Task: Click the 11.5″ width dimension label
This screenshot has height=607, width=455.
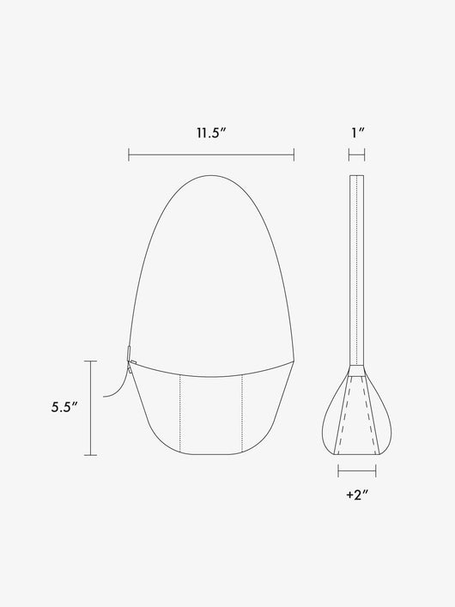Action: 210,133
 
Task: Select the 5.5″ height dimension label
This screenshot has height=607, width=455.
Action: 65,407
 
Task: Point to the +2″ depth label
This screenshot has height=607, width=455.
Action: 357,495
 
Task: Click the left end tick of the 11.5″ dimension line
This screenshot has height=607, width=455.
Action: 129,155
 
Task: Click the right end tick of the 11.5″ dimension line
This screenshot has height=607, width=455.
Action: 294,155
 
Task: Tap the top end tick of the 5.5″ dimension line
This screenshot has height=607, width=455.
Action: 91,361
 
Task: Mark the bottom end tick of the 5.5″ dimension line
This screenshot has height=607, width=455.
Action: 91,455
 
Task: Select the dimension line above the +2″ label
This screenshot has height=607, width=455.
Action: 357,471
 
